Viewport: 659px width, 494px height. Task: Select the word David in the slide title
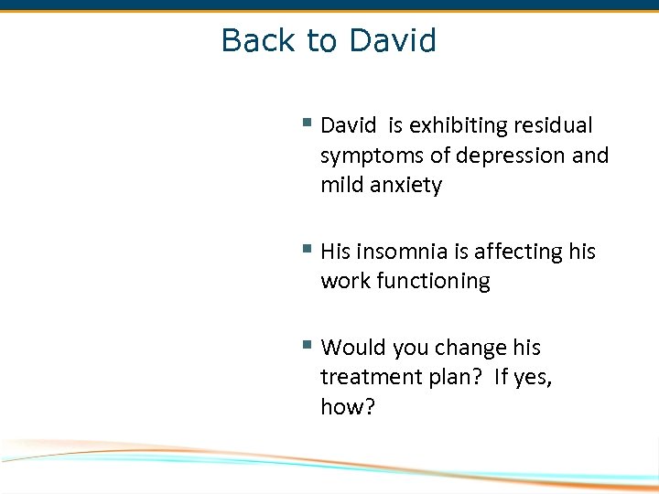[393, 40]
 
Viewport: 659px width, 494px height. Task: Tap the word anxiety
[406, 186]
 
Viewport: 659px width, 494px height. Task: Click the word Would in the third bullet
[354, 348]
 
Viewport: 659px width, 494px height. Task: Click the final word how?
[348, 407]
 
